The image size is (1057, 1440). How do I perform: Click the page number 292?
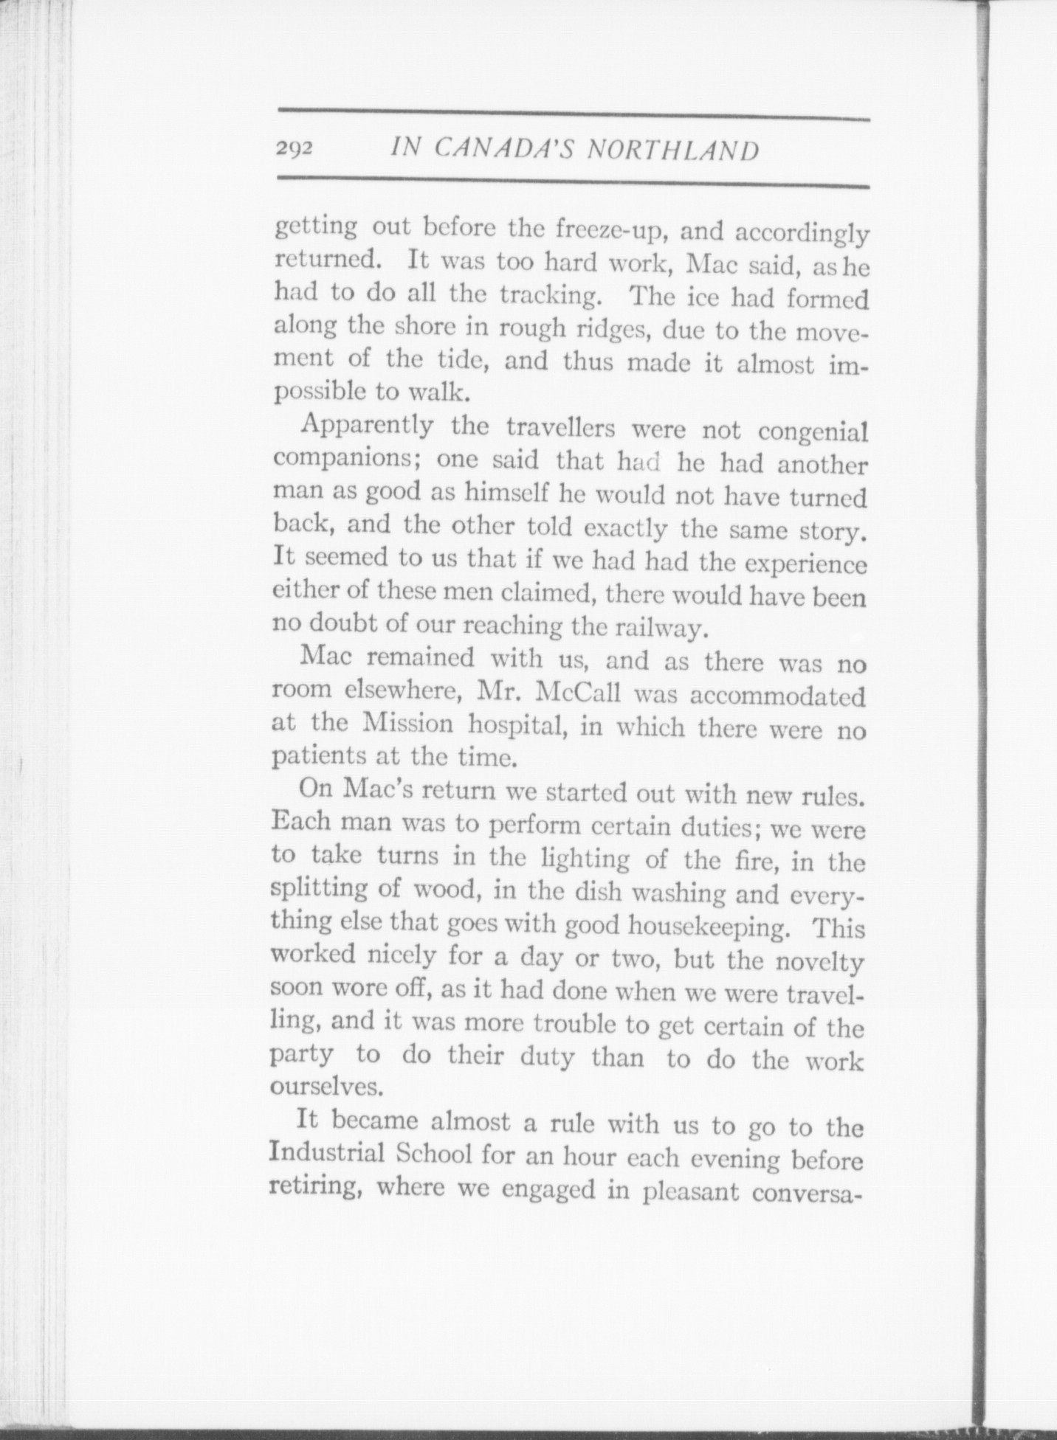point(295,149)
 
